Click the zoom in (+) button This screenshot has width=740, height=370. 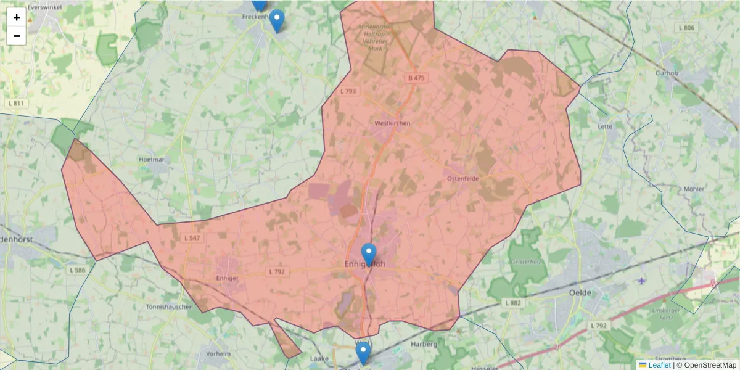coord(17,17)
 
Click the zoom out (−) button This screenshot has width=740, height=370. coord(17,36)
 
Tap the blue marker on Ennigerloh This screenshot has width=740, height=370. coord(369,253)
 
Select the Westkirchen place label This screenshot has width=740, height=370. coord(392,123)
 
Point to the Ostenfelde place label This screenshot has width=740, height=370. coord(462,178)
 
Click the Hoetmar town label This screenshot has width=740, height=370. coord(153,159)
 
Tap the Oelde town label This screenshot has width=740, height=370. coord(580,292)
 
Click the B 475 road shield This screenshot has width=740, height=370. coord(416,78)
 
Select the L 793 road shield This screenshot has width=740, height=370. coord(348,91)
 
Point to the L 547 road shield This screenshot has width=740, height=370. coord(192,238)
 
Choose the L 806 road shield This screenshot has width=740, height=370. coord(686,28)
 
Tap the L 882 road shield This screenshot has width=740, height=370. coord(512,303)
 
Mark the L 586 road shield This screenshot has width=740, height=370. coord(78,270)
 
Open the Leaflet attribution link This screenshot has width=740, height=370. coord(659,365)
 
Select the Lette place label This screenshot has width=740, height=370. coord(605,126)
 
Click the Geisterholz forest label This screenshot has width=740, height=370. coord(524,262)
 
